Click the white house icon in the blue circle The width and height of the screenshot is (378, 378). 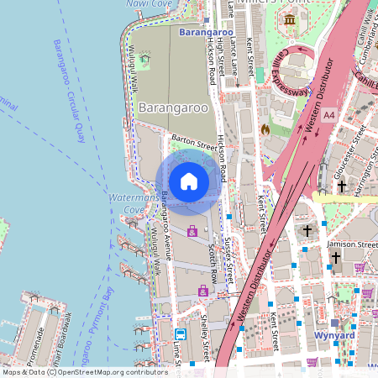[x=189, y=181]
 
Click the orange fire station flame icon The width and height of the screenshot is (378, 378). [x=265, y=130]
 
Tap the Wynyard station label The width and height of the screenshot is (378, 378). [x=334, y=336]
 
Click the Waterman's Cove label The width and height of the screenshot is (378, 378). [x=123, y=202]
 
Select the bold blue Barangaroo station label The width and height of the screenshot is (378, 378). [x=200, y=32]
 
